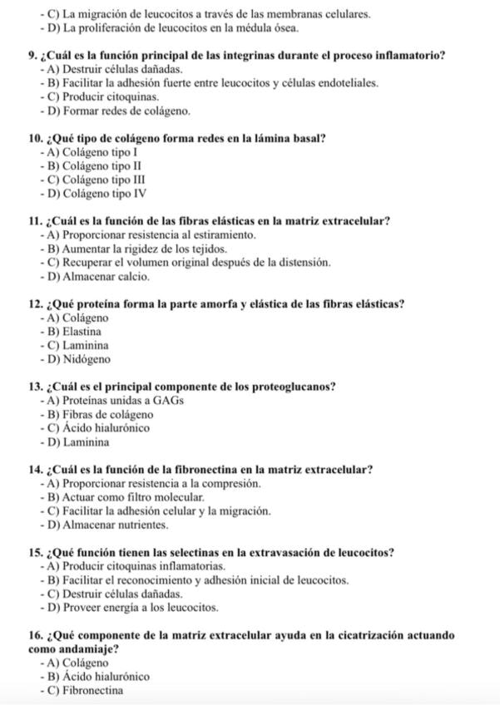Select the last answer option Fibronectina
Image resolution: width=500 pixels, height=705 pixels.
(x=92, y=690)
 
